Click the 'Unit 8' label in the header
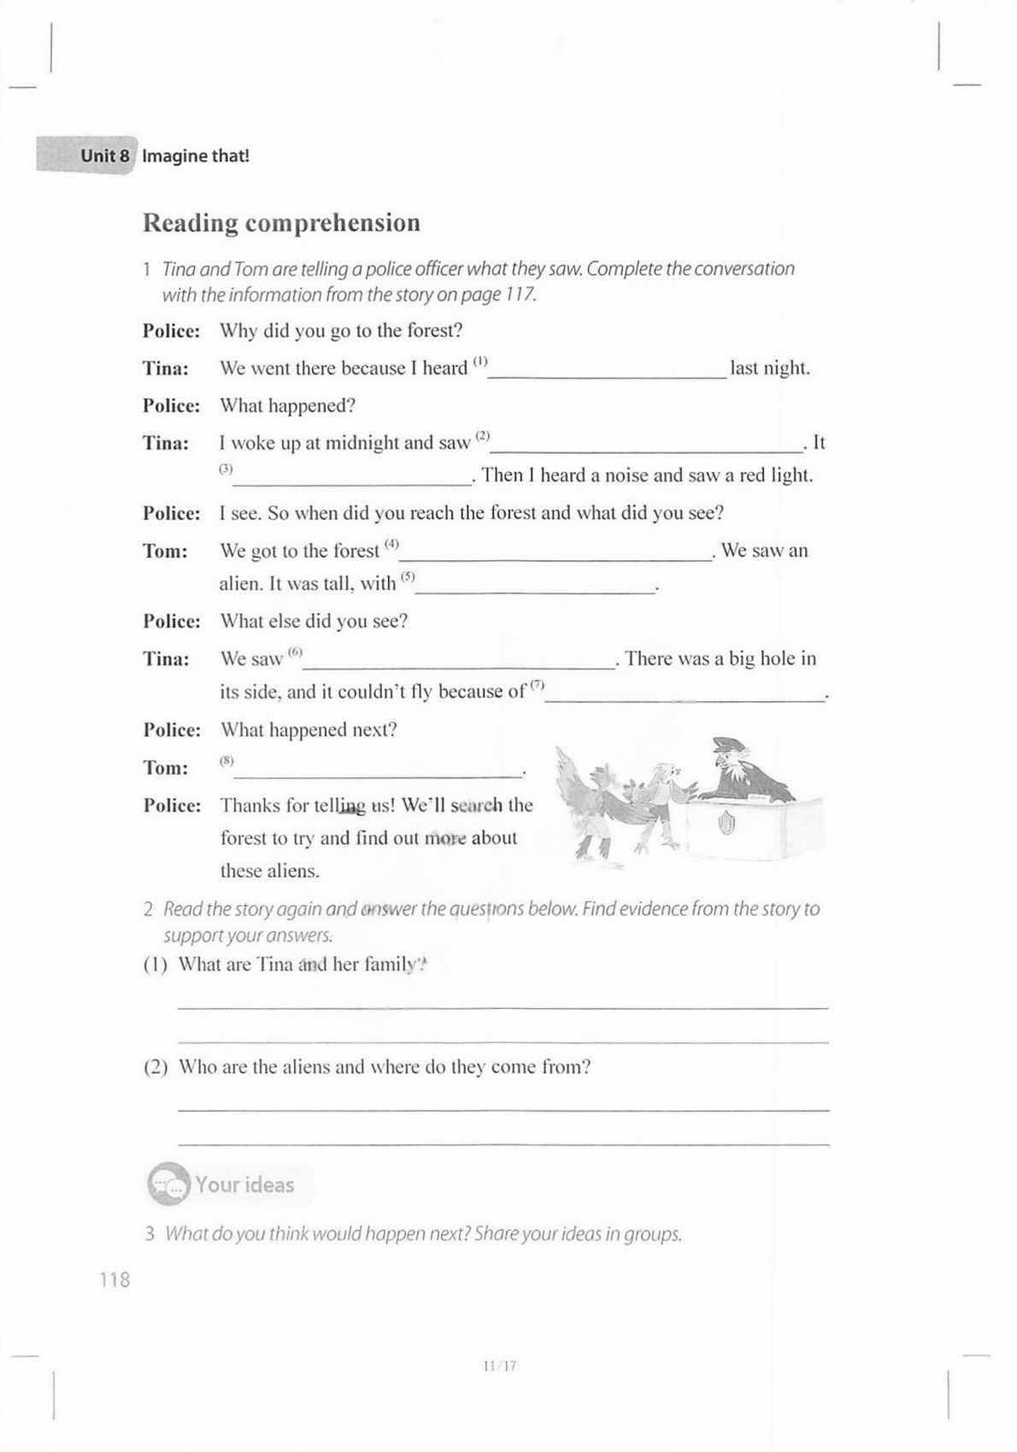tap(104, 156)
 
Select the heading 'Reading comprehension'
tap(281, 222)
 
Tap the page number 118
tap(115, 1279)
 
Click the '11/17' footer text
tap(500, 1366)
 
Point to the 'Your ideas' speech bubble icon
tap(167, 1183)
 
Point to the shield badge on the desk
tap(726, 824)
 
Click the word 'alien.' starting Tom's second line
tap(239, 584)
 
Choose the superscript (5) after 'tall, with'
tap(408, 576)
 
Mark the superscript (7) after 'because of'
tap(537, 684)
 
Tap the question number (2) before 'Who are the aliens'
tap(156, 1067)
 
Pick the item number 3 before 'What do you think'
tap(150, 1234)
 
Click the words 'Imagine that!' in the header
tap(196, 156)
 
